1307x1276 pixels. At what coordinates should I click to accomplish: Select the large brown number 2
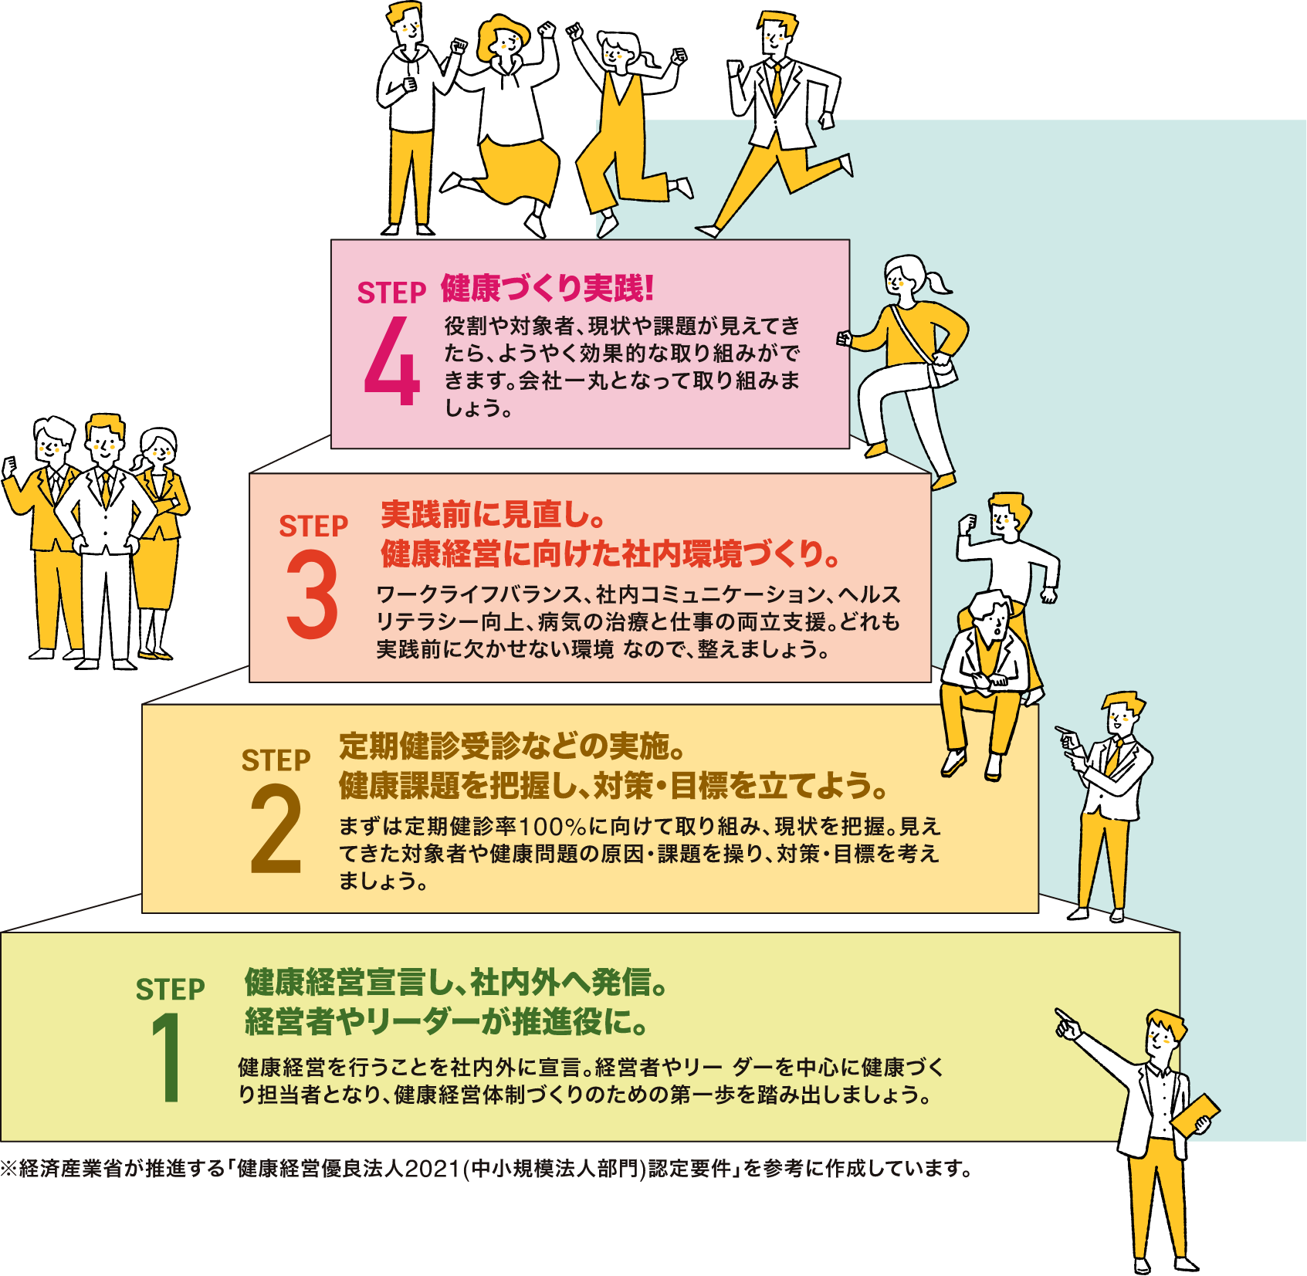tap(276, 830)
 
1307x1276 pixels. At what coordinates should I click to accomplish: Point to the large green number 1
tap(167, 1058)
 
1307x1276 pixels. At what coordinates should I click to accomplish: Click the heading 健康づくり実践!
tap(547, 289)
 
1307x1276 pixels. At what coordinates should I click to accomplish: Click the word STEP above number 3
tap(313, 526)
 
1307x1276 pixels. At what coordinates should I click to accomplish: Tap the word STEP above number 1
tap(170, 990)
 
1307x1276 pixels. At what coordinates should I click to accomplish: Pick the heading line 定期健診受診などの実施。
tap(512, 746)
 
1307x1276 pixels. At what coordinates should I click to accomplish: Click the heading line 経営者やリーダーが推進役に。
tap(446, 1022)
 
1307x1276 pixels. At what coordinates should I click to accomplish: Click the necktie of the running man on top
tap(776, 85)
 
